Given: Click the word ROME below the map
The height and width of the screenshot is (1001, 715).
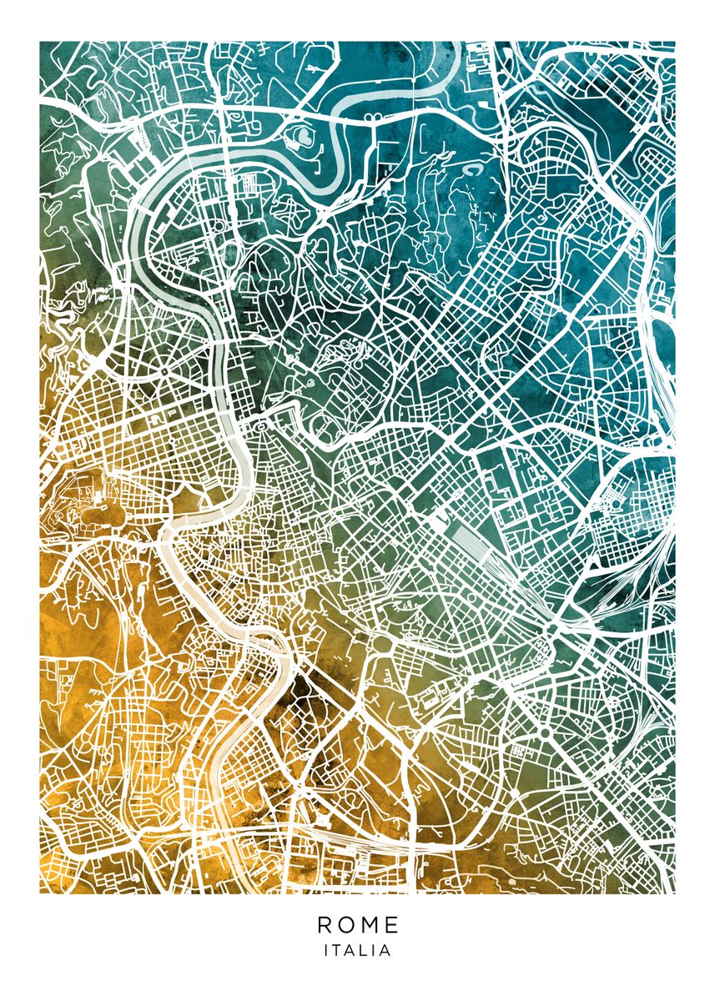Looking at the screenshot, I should point(358,924).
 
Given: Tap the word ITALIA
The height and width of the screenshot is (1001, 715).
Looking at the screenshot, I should point(358,950).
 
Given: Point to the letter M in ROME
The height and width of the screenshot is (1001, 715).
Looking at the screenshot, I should point(370,924).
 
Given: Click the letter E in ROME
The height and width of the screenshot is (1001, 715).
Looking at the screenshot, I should point(392,924).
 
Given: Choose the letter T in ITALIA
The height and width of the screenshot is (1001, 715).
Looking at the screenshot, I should point(337,950).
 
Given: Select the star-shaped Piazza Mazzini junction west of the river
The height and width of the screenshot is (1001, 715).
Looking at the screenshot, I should point(165,370).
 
